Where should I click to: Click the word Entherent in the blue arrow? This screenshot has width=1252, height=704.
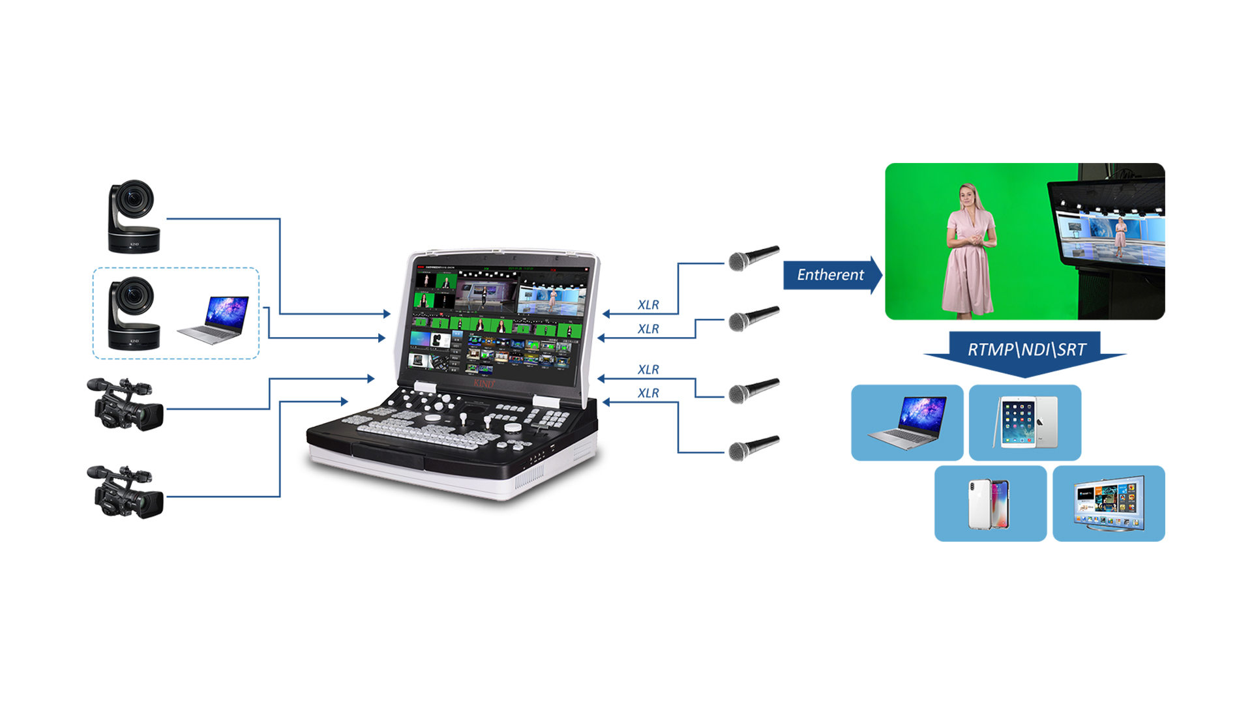pyautogui.click(x=830, y=275)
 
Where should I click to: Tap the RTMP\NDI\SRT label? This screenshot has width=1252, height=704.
pyautogui.click(x=1026, y=349)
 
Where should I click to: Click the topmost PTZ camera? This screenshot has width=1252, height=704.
pyautogui.click(x=134, y=216)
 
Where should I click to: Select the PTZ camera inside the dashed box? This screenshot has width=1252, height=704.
pyautogui.click(x=134, y=314)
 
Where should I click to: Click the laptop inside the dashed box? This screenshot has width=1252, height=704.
pyautogui.click(x=214, y=319)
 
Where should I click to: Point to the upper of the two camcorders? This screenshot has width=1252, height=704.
pyautogui.click(x=125, y=404)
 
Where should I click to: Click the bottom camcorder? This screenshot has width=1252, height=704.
pyautogui.click(x=125, y=492)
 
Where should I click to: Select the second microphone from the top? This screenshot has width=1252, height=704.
pyautogui.click(x=753, y=318)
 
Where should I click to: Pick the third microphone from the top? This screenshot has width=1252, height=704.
pyautogui.click(x=753, y=390)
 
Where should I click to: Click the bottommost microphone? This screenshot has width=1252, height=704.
pyautogui.click(x=753, y=448)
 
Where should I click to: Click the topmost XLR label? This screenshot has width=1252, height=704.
pyautogui.click(x=648, y=305)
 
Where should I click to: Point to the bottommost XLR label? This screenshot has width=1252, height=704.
pyautogui.click(x=648, y=393)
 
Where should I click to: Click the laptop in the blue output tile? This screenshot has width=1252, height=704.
pyautogui.click(x=907, y=423)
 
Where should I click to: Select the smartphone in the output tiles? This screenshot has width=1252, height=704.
pyautogui.click(x=989, y=504)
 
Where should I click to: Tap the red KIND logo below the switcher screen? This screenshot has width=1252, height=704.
pyautogui.click(x=484, y=384)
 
